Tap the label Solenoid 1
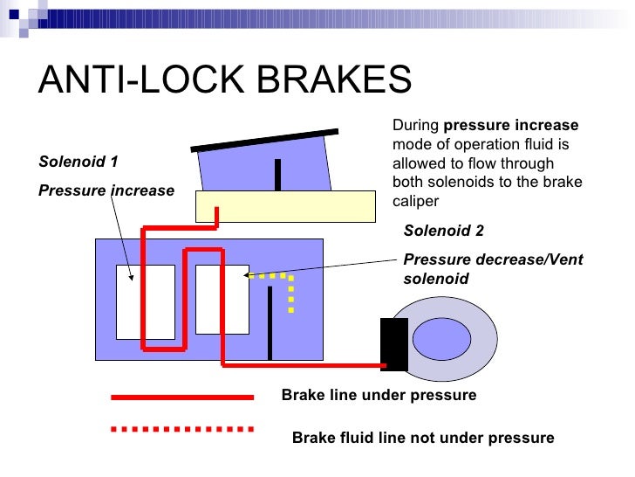coord(79,162)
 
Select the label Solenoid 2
coord(443,231)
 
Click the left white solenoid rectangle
coord(145,301)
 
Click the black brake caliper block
coord(394,344)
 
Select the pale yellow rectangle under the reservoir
coord(284,206)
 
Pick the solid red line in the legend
coord(182,397)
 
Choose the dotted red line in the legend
coord(182,430)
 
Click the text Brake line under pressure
coord(379,396)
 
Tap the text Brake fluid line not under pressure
coord(423,438)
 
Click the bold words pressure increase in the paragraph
coord(510,125)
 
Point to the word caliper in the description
coord(415,201)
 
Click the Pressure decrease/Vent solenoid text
coord(493,269)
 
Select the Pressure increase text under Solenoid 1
coord(106,190)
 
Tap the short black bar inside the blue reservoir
coord(277,174)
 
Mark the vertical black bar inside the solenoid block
coord(270,322)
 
